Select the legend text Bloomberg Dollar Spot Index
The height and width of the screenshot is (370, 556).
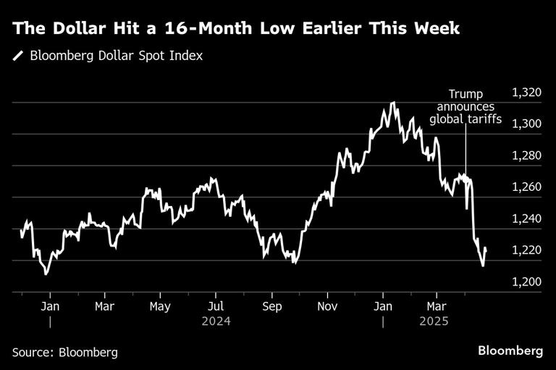(116, 56)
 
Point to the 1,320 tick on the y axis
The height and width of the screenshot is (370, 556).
(526, 92)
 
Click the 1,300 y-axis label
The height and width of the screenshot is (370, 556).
(526, 124)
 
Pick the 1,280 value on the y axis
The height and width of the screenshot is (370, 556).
(526, 155)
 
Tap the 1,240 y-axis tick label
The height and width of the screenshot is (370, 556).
(526, 218)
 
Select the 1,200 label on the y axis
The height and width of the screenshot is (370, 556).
(526, 282)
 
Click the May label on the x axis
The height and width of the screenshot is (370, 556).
(160, 306)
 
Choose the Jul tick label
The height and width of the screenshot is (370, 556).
(216, 306)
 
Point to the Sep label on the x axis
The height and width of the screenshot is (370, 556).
(271, 306)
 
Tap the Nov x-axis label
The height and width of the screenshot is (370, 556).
(327, 306)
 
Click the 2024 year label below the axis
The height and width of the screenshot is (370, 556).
(216, 321)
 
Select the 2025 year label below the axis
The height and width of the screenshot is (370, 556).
(434, 321)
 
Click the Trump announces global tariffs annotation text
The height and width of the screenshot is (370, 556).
(466, 107)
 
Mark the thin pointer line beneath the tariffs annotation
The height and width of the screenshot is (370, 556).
(466, 152)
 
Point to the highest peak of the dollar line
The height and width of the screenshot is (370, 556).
(392, 103)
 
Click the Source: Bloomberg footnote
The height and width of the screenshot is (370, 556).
(64, 352)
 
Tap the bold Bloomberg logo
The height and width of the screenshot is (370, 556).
(510, 351)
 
